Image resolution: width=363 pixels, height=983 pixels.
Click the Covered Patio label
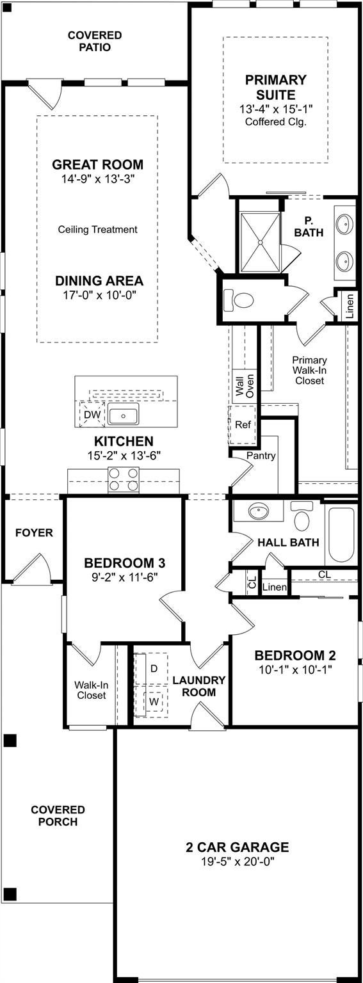(x=94, y=41)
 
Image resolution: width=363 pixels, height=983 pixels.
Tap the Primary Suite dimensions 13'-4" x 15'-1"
(x=276, y=108)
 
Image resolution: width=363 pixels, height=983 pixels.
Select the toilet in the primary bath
(x=239, y=301)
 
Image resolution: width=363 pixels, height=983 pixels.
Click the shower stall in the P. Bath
(x=261, y=242)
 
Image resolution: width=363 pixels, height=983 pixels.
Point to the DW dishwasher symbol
(x=92, y=414)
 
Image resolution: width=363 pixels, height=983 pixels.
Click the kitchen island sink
(x=124, y=415)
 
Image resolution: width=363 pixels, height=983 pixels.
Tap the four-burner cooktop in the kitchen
(x=124, y=479)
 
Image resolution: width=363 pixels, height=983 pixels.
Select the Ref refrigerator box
(x=242, y=425)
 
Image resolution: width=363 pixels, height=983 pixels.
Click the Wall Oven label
(x=244, y=385)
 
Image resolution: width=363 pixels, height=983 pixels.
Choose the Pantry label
(x=261, y=456)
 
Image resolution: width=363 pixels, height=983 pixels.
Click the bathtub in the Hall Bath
(x=341, y=536)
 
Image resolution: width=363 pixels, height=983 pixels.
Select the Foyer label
(x=34, y=532)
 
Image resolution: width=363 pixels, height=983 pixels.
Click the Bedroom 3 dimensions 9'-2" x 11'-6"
(x=125, y=577)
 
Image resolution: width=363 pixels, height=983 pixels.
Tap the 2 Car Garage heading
(x=238, y=847)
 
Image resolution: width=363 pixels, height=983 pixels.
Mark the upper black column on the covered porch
(x=10, y=740)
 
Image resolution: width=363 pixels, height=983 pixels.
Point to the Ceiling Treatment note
(x=97, y=230)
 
